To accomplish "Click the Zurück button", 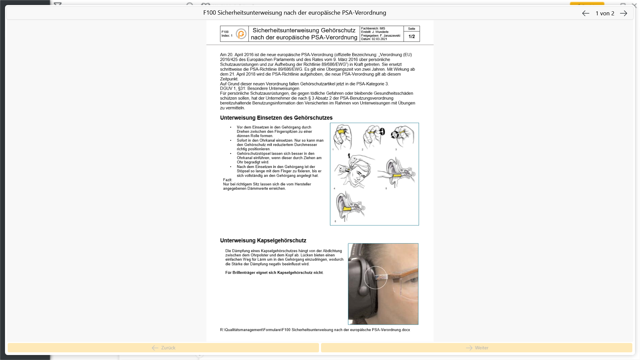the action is [x=163, y=348].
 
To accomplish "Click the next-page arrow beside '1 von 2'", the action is [x=623, y=13].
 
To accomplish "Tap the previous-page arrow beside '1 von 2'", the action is [x=586, y=13].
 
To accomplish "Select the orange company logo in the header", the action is [x=241, y=34].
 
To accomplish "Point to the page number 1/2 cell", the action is [x=412, y=36].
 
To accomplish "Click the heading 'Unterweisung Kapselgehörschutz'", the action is [x=263, y=240].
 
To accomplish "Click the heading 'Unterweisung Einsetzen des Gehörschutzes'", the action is [x=276, y=118].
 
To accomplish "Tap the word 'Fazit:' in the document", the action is [x=228, y=180].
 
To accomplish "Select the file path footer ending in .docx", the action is [x=315, y=330].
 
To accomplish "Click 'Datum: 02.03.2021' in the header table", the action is [x=374, y=39].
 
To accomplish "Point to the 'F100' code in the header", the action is [x=225, y=32].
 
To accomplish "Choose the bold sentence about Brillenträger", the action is [x=274, y=273].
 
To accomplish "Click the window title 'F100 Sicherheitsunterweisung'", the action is [x=295, y=13].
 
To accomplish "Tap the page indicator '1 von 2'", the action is [x=605, y=13].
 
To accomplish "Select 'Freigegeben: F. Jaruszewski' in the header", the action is [x=381, y=36].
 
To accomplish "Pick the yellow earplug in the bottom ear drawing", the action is [x=348, y=209].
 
